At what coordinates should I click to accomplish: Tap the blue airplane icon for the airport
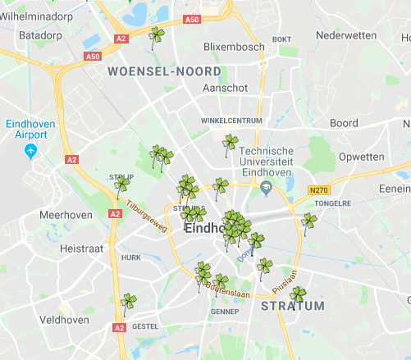coord(32,151)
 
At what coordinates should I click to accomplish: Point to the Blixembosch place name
coord(234,47)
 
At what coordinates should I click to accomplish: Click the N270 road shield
coord(318,190)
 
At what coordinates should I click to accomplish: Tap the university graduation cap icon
coord(266,189)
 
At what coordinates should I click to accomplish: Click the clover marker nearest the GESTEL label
coord(128,302)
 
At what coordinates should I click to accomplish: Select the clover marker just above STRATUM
coord(299,294)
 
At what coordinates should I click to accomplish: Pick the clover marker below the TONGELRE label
coord(308,221)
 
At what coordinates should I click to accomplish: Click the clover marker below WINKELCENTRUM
coord(231,144)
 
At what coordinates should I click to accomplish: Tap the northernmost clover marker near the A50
coord(156,35)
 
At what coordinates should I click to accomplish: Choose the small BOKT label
coord(281,39)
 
